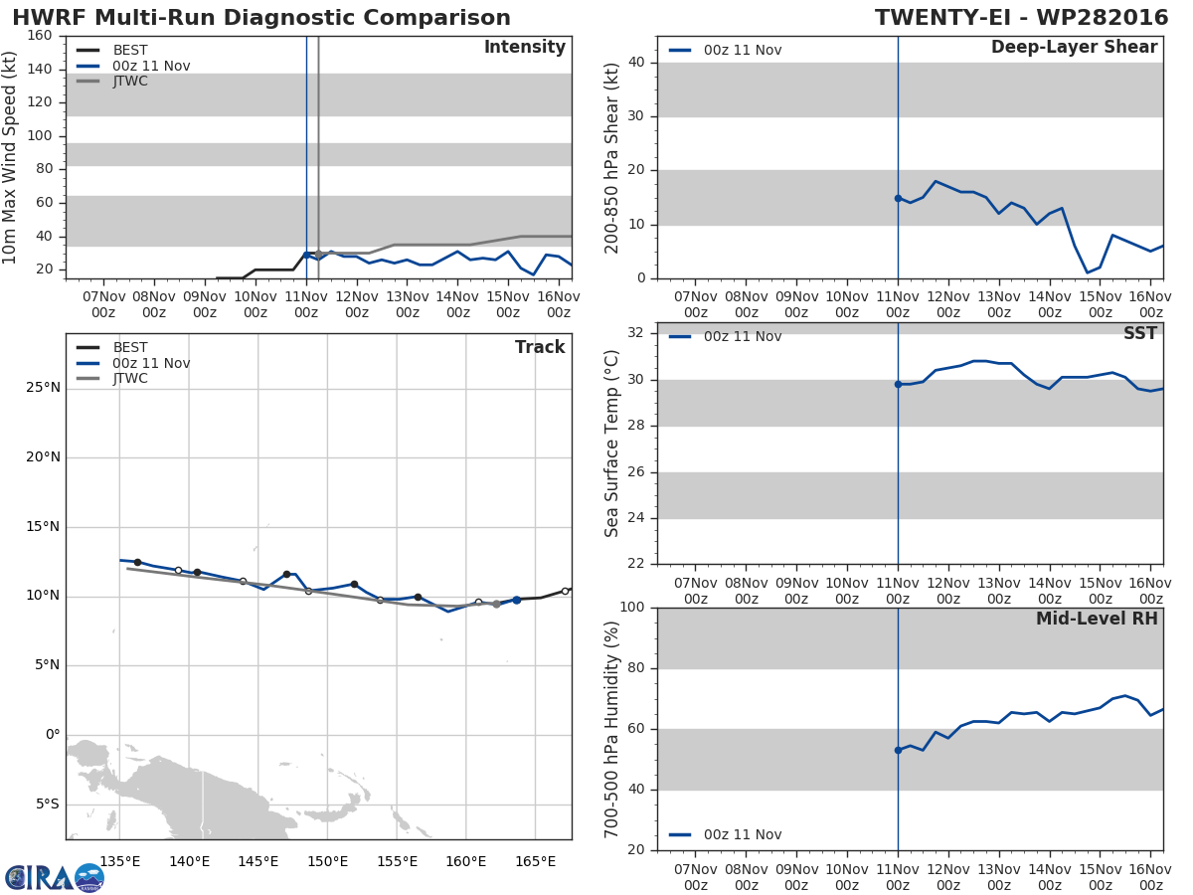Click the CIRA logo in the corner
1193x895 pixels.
55,877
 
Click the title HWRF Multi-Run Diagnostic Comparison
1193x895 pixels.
261,17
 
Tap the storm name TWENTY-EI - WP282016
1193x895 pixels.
1021,17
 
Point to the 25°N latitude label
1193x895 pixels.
43,388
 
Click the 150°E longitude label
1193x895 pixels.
327,862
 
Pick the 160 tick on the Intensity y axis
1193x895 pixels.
40,36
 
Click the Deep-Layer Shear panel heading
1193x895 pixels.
1074,48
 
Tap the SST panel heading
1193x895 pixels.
1140,333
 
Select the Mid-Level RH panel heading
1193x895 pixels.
1097,619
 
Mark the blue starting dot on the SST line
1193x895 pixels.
898,384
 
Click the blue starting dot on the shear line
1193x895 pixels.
898,198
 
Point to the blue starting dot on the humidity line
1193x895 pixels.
898,750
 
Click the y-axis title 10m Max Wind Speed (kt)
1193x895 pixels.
9,157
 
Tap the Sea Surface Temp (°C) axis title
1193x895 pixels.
611,444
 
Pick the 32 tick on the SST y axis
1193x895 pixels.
636,332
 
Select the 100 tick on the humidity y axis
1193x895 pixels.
632,607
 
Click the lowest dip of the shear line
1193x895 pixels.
1087,272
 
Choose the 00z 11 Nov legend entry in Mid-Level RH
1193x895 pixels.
725,834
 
